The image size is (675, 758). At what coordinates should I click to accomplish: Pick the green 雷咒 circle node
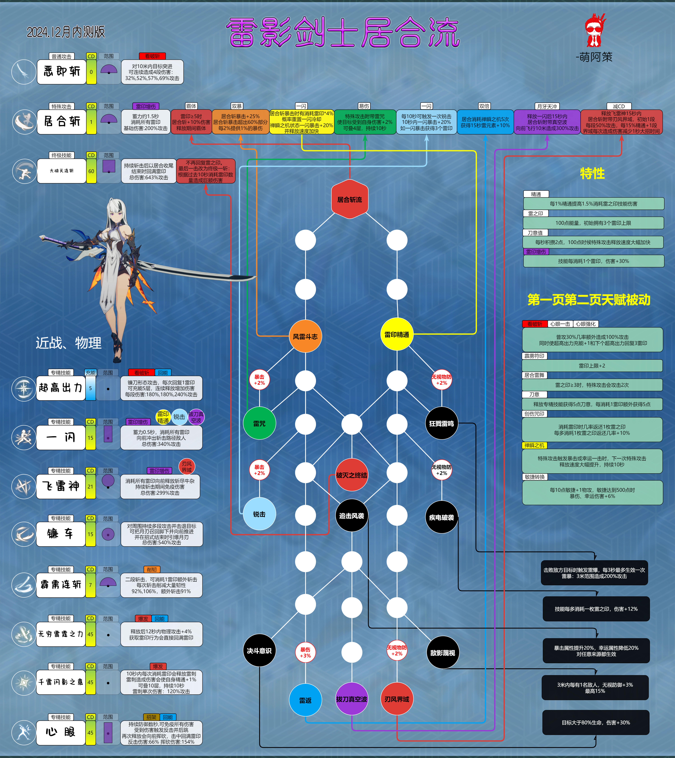tap(259, 423)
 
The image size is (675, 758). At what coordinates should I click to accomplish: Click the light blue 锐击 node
tap(259, 514)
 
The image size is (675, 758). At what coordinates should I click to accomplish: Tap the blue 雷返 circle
tap(305, 700)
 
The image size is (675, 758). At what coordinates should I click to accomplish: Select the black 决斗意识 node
tap(259, 650)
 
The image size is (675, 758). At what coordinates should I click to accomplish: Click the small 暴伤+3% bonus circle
tap(305, 652)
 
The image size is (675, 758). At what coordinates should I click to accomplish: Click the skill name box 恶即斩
tap(62, 72)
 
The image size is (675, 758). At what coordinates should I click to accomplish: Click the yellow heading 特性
tap(592, 173)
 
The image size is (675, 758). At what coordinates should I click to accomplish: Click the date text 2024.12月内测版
tap(66, 32)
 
